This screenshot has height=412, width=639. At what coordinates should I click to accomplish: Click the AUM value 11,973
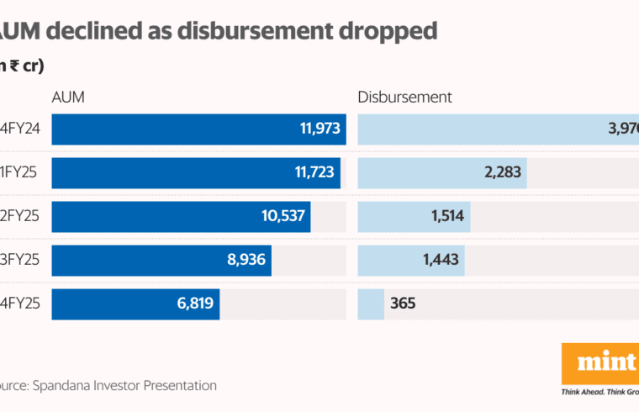(319, 129)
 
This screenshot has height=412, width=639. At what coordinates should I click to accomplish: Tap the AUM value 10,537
(283, 216)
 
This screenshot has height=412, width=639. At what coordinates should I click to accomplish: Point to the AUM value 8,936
(246, 261)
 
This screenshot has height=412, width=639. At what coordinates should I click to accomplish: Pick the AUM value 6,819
(193, 304)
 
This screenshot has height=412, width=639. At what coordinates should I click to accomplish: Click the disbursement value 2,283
(502, 173)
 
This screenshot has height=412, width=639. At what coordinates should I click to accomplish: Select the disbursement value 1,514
(448, 216)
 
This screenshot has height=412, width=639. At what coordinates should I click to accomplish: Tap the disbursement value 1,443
(441, 261)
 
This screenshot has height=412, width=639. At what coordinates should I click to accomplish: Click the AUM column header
(68, 97)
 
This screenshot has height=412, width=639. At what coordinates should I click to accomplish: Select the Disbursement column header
(404, 97)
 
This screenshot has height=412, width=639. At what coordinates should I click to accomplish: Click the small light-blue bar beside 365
(371, 304)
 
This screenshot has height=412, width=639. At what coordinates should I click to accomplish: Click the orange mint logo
(600, 363)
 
